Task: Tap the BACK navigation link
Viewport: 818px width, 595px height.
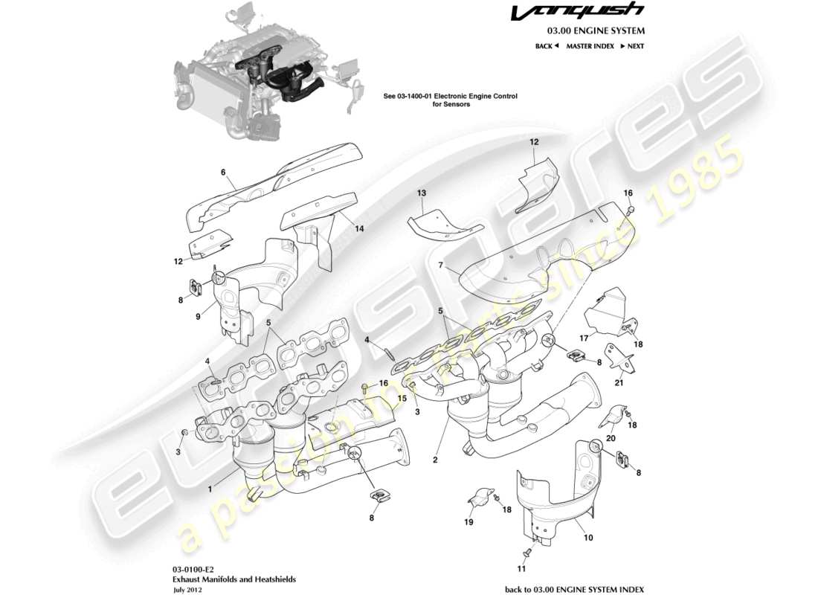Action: [x=547, y=46]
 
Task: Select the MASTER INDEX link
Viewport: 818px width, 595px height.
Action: [x=590, y=46]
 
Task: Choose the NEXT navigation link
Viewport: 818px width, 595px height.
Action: [x=632, y=46]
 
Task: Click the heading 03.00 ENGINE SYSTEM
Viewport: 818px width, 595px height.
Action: [x=596, y=31]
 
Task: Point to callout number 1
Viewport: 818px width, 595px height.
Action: [x=210, y=489]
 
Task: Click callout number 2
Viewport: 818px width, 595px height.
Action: [x=434, y=460]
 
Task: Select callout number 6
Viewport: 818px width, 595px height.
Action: [x=222, y=172]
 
